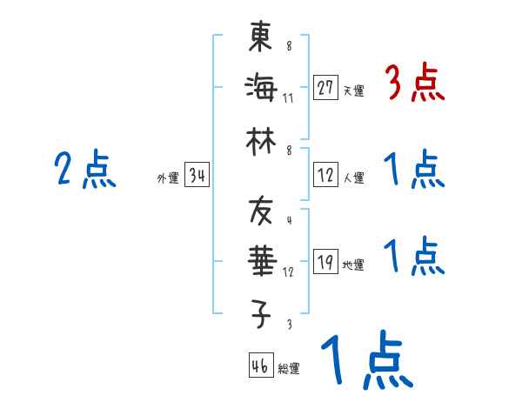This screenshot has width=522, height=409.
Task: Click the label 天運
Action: [x=353, y=91]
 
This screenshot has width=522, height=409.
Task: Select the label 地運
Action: [x=353, y=265]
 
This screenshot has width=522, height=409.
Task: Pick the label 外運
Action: [x=168, y=178]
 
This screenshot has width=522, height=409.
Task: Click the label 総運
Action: [x=289, y=368]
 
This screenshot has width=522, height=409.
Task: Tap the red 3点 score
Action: [x=414, y=84]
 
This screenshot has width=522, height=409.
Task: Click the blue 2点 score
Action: [x=84, y=170]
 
